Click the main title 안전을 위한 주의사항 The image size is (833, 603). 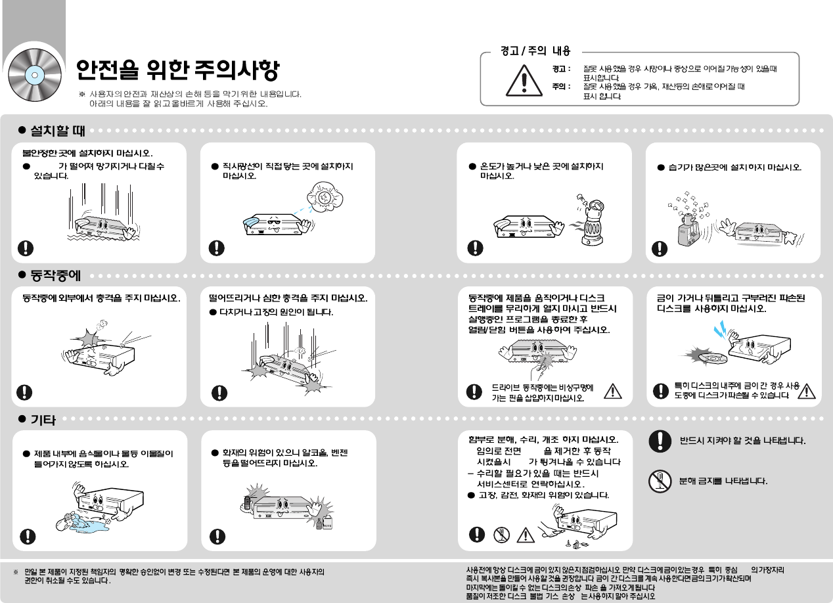point(177,69)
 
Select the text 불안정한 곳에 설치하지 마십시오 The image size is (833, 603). point(87,154)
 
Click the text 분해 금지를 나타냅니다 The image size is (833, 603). point(723,481)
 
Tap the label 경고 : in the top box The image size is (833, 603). point(561,68)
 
